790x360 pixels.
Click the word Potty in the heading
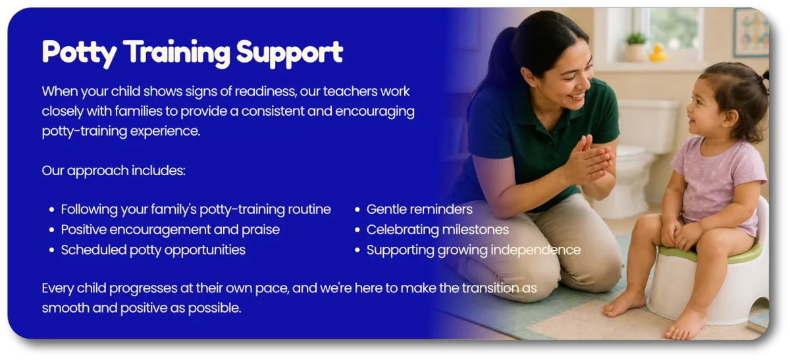coord(80,53)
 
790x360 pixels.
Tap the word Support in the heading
coord(290,53)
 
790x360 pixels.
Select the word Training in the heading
coord(178,53)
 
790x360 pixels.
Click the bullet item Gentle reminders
coord(419,209)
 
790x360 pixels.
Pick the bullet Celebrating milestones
coord(438,230)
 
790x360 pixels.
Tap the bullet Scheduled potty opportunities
coord(153,250)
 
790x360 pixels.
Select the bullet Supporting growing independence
coord(473,250)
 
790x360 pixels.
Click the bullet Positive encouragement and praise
coord(171,230)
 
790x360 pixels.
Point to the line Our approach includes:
coord(113,171)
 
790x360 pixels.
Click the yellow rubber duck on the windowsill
coord(658,53)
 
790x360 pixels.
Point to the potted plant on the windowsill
coord(635,46)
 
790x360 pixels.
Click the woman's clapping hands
coord(590,161)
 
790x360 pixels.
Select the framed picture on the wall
coord(751,32)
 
